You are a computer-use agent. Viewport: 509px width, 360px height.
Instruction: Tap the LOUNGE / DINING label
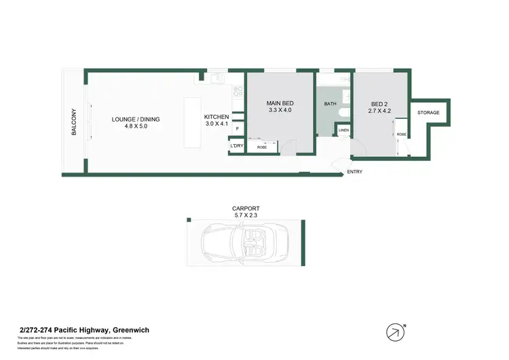click(136, 120)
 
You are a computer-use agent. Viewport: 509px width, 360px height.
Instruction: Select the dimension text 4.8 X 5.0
click(136, 126)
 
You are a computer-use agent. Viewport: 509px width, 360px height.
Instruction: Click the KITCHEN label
click(216, 118)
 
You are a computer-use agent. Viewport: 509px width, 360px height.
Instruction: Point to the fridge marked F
click(238, 129)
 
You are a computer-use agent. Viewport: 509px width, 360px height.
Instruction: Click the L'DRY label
click(237, 146)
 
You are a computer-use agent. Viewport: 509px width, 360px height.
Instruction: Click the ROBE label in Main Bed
click(261, 147)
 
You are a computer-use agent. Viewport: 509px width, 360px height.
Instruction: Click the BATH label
click(330, 104)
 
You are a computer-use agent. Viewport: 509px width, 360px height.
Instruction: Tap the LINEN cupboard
click(343, 130)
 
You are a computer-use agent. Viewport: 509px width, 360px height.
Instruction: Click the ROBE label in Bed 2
click(401, 134)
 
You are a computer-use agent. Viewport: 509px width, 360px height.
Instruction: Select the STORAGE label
click(428, 113)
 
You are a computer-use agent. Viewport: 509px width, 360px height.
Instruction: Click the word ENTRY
click(354, 172)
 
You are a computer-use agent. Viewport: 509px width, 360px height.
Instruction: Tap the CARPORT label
click(246, 208)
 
